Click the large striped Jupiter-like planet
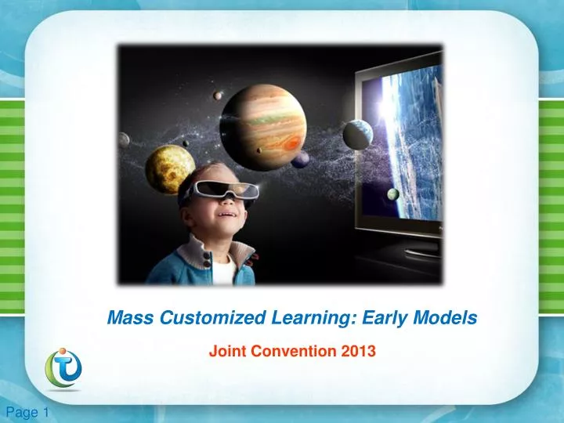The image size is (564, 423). click(262, 117)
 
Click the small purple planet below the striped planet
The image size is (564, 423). click(301, 160)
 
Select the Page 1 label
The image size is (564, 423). click(27, 413)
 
